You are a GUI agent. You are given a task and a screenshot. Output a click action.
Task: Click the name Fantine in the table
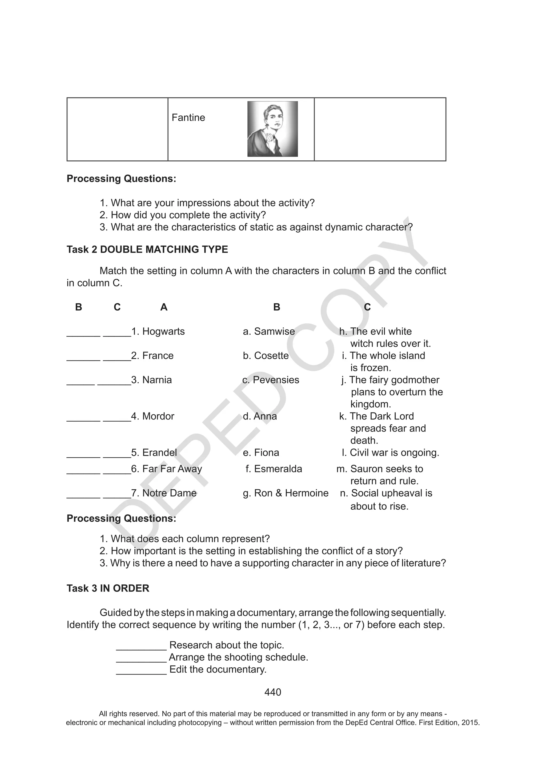pyautogui.click(x=188, y=117)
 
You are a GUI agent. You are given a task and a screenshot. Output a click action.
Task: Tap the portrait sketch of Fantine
pyautogui.click(x=272, y=129)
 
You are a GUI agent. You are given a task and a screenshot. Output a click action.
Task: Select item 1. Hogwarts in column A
pyautogui.click(x=158, y=331)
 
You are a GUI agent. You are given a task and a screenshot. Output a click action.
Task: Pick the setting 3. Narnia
pyautogui.click(x=152, y=380)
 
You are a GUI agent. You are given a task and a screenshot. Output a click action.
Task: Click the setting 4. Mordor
pyautogui.click(x=153, y=416)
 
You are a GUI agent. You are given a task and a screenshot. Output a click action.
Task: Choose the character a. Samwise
pyautogui.click(x=269, y=331)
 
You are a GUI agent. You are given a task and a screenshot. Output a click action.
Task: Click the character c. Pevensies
pyautogui.click(x=271, y=380)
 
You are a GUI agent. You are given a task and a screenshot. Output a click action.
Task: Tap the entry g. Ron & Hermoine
pyautogui.click(x=286, y=493)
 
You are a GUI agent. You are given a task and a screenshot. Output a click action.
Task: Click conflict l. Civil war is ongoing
pyautogui.click(x=390, y=453)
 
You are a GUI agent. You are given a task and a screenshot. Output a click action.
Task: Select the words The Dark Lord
pyautogui.click(x=382, y=416)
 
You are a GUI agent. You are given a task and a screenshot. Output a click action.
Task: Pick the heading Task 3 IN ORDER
pyautogui.click(x=108, y=588)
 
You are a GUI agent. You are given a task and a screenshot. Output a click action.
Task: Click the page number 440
pyautogui.click(x=272, y=692)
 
